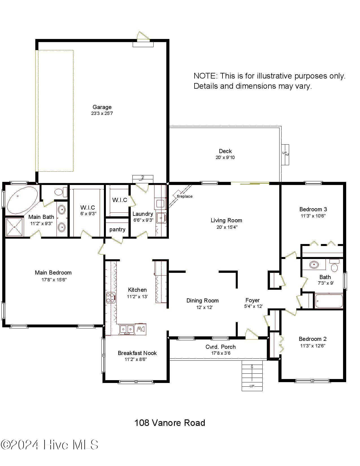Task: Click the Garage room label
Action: click(102, 107)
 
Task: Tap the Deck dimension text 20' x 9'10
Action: click(225, 158)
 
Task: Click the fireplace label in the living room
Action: click(185, 196)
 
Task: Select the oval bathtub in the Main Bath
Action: click(22, 200)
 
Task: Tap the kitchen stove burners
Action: click(111, 298)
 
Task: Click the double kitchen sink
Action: click(126, 329)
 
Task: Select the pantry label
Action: click(117, 229)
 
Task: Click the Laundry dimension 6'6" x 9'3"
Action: click(143, 220)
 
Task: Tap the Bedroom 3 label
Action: click(313, 209)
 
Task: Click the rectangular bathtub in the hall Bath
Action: click(328, 301)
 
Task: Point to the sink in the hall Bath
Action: click(314, 265)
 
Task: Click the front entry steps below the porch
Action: click(252, 376)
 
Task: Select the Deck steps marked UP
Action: click(285, 154)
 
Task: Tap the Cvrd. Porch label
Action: click(220, 347)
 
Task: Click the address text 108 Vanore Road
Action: click(170, 423)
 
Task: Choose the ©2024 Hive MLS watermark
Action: click(49, 445)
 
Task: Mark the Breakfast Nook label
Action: click(137, 353)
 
